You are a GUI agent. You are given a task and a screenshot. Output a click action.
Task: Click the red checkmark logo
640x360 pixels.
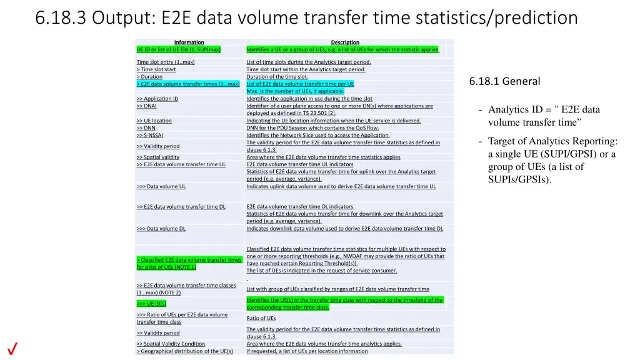coord(12,349)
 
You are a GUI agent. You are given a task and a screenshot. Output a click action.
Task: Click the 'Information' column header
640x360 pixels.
coord(189,42)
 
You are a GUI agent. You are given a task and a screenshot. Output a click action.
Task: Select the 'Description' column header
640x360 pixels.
coord(345,42)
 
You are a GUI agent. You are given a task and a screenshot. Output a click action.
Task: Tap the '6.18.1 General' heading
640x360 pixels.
coord(504,81)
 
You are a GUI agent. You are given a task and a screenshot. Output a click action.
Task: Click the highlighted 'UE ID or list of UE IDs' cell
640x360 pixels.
coord(179,49)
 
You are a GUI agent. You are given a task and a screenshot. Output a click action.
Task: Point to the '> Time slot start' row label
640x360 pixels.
coord(156,69)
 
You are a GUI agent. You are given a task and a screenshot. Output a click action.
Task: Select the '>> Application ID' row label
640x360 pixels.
coord(157,99)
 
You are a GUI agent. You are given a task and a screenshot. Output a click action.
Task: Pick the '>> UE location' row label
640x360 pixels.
coord(154,121)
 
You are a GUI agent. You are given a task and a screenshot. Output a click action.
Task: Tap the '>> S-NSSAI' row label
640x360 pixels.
coord(151,135)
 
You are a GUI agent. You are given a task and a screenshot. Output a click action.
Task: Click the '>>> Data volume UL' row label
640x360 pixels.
coord(161,186)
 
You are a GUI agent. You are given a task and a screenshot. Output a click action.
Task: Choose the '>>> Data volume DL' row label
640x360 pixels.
coord(161,229)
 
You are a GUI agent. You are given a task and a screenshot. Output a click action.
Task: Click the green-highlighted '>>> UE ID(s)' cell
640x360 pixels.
coord(151,304)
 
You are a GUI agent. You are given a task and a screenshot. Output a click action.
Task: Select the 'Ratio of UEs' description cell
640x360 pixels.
coord(261,318)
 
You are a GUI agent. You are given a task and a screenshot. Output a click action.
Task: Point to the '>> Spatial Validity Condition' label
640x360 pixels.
coord(171,344)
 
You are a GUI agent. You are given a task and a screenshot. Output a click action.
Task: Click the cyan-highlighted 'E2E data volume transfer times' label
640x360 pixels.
coord(188,84)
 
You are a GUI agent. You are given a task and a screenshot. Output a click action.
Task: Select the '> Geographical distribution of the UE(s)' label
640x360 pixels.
coord(184,351)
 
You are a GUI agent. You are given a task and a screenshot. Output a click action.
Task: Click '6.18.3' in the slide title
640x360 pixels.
coord(61,18)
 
